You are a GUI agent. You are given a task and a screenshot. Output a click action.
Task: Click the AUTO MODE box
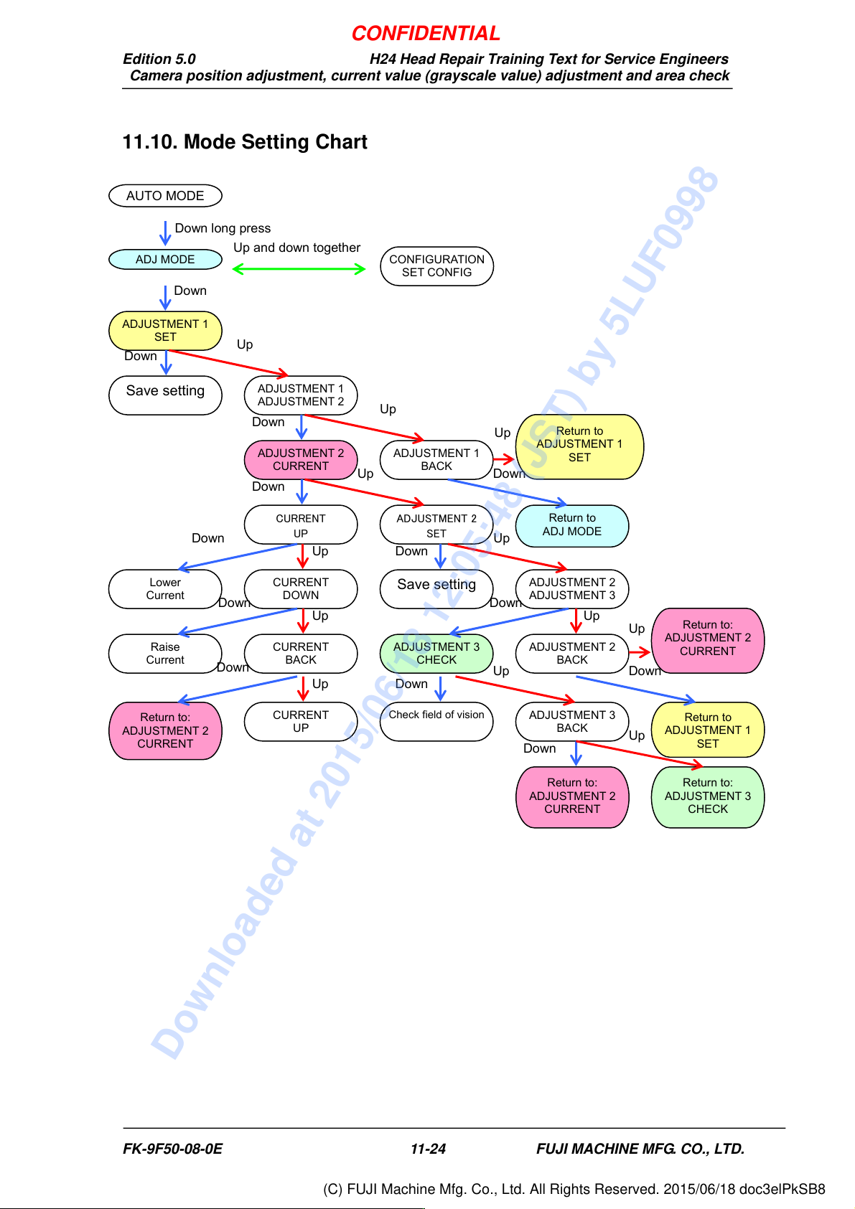point(165,196)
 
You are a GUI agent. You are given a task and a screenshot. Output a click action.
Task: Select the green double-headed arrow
point(299,269)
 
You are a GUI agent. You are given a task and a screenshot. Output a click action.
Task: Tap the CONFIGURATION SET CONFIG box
point(436,266)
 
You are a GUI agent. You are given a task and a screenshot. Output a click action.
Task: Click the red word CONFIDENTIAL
point(426,34)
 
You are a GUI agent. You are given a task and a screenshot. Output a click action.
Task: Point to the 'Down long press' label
point(223,228)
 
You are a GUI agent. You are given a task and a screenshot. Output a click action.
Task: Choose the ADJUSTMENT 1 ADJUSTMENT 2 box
point(301,395)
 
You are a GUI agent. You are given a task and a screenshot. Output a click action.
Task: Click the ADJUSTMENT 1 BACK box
point(436,460)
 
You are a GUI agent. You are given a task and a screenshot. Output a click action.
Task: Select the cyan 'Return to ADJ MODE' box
point(572,526)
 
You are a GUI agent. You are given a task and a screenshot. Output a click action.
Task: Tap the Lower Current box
point(165,589)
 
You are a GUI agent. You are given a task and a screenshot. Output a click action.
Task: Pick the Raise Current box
point(165,654)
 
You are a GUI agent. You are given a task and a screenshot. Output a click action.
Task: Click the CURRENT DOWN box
point(301,589)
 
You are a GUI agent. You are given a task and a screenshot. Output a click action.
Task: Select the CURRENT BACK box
point(301,654)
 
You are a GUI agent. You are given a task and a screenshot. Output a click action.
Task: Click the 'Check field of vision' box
point(436,722)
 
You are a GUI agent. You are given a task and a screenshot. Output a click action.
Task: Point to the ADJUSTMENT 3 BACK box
point(572,722)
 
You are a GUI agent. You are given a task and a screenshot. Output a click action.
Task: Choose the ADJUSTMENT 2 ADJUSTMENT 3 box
point(572,589)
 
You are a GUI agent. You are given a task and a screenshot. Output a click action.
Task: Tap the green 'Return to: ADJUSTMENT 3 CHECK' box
point(708,797)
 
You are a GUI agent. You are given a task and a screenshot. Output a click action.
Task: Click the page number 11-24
point(428,1149)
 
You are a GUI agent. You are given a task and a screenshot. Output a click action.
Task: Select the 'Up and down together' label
point(296,248)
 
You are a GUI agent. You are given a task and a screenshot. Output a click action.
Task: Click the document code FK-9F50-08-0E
point(172,1149)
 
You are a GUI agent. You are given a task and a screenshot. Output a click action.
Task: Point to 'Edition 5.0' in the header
point(159,59)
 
